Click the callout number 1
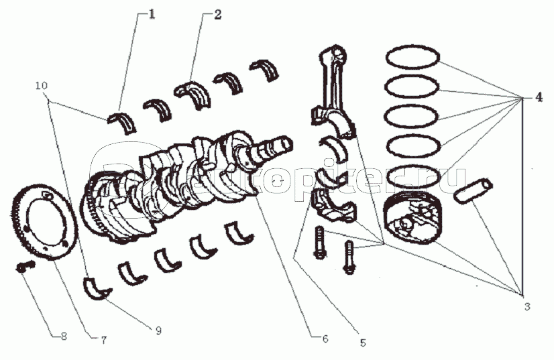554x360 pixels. [151, 15]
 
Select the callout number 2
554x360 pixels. [217, 15]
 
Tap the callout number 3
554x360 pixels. [527, 306]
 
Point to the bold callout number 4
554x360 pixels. [539, 97]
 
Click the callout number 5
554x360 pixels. [363, 342]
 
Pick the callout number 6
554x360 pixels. [325, 339]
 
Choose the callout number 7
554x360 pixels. [103, 340]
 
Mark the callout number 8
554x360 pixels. [64, 336]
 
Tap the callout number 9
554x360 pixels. [158, 331]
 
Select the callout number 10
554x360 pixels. [42, 86]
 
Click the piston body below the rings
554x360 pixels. [412, 219]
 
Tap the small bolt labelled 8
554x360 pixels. [25, 267]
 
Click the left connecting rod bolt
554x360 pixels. [319, 242]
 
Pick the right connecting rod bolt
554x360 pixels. [349, 257]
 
